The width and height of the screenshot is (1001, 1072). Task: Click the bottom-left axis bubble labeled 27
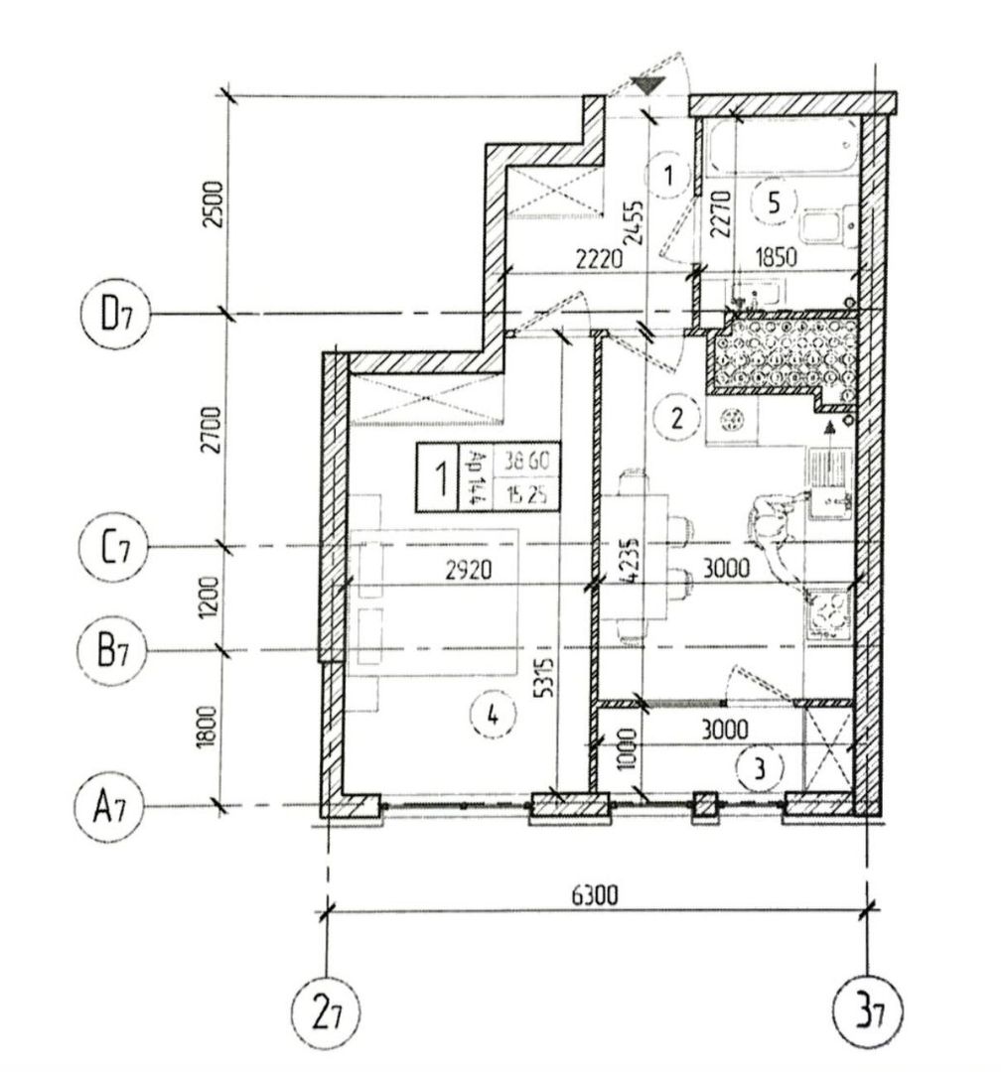327,1013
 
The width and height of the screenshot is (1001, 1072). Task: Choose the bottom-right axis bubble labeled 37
869,1013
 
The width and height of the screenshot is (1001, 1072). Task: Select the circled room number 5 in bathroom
775,201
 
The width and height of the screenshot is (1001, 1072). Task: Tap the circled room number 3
761,766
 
